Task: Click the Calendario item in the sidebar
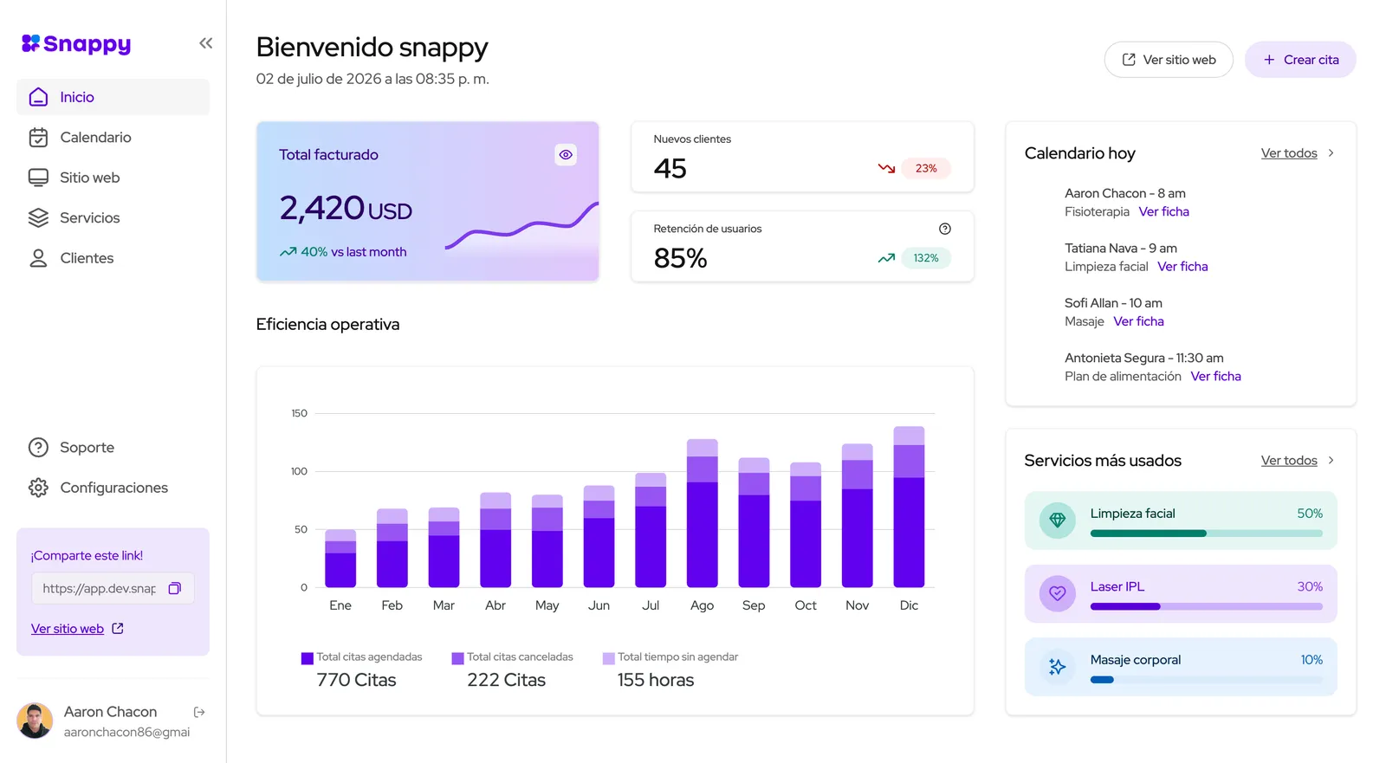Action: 95,138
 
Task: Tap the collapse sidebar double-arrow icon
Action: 206,43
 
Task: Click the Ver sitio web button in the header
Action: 1169,60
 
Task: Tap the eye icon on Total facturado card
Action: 566,155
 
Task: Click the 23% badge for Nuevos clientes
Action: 926,168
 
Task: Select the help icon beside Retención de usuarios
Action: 945,229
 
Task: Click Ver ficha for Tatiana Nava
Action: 1182,267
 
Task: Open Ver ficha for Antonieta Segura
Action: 1216,376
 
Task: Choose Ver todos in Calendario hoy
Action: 1289,152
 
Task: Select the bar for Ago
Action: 702,513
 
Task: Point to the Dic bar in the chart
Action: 909,507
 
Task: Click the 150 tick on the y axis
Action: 300,413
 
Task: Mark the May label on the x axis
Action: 547,606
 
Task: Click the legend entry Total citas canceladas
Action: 512,657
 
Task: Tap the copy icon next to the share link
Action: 174,589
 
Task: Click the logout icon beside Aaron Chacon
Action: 199,712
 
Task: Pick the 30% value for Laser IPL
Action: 1309,586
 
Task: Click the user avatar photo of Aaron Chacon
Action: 35,721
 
